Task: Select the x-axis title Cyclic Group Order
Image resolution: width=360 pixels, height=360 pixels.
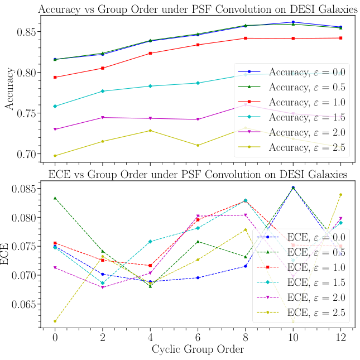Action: (x=198, y=350)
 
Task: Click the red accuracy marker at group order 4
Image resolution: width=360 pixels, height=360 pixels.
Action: (x=150, y=53)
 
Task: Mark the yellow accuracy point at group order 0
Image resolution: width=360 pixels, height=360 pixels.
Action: (x=55, y=156)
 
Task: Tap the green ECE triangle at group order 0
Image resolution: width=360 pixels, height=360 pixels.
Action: (x=55, y=198)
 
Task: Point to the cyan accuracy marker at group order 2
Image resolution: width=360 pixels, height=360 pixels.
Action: (x=102, y=91)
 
